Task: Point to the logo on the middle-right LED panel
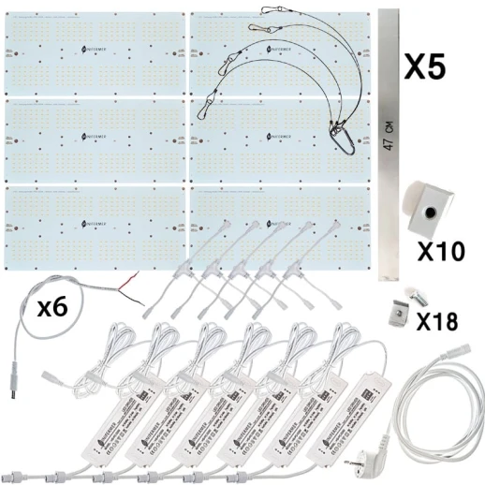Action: point(278,135)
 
